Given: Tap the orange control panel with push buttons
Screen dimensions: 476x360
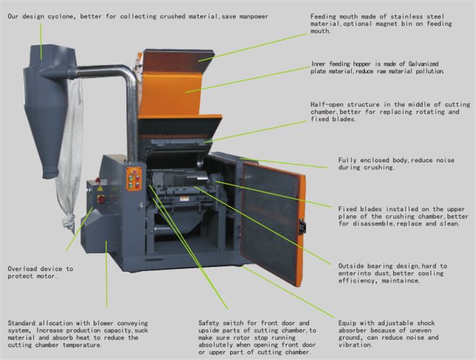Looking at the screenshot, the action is (134, 179).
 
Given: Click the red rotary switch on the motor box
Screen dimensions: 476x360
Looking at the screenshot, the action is (101, 199).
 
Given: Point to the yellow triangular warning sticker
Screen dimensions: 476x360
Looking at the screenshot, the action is (100, 189).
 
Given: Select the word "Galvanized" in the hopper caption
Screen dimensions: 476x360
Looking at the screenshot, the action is (423, 63).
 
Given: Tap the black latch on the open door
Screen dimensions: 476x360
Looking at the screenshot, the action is (302, 226).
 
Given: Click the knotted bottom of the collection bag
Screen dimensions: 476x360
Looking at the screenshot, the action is (69, 221).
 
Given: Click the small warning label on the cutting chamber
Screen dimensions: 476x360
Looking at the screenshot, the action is (184, 199).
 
